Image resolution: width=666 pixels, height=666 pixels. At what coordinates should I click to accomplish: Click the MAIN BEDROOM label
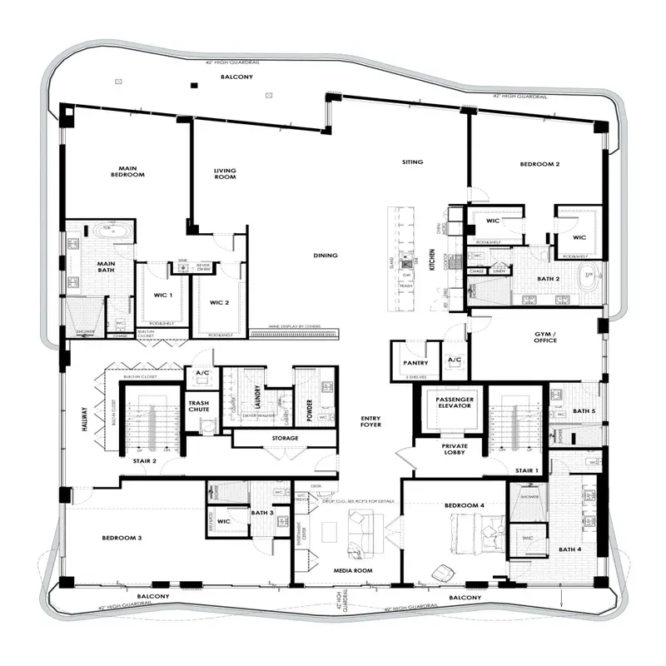pyautogui.click(x=128, y=171)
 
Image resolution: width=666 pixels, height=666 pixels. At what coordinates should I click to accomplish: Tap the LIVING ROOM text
pyautogui.click(x=225, y=174)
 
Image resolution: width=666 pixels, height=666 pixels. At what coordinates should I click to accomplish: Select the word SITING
pyautogui.click(x=412, y=162)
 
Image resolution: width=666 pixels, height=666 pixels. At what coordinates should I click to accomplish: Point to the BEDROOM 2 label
pyautogui.click(x=539, y=164)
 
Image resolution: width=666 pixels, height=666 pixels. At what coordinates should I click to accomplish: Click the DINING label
pyautogui.click(x=325, y=255)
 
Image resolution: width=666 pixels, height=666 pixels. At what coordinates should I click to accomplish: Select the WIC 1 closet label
pyautogui.click(x=163, y=296)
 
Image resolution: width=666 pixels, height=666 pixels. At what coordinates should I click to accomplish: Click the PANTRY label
pyautogui.click(x=415, y=362)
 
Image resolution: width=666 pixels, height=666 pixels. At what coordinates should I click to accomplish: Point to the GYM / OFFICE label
pyautogui.click(x=545, y=336)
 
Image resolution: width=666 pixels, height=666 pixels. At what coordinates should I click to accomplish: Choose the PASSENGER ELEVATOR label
pyautogui.click(x=455, y=403)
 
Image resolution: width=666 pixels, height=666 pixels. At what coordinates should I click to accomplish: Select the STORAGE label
pyautogui.click(x=285, y=438)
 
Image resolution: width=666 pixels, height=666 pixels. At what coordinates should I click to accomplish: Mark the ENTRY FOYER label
pyautogui.click(x=370, y=421)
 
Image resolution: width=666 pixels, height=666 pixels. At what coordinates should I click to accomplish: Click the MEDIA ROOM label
pyautogui.click(x=353, y=570)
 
